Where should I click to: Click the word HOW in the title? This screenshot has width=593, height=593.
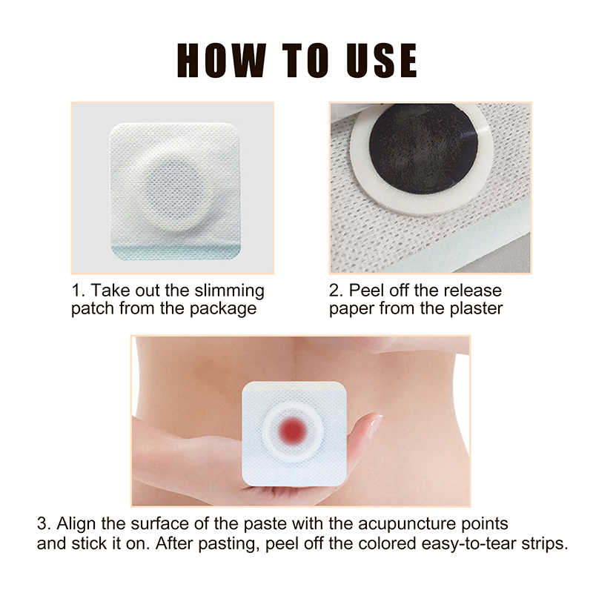coord(221,61)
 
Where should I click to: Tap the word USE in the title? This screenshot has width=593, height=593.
coord(382,61)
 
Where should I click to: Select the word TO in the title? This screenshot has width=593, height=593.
coord(306,61)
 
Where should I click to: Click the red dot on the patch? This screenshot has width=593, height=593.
coord(292,430)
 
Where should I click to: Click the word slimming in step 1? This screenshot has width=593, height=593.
coord(229,291)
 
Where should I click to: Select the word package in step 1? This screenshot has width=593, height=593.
coord(223,309)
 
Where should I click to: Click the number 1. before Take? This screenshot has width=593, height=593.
coord(79,291)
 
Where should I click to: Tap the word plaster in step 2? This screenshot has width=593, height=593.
coord(476,308)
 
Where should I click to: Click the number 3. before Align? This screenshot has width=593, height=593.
coord(44,524)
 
